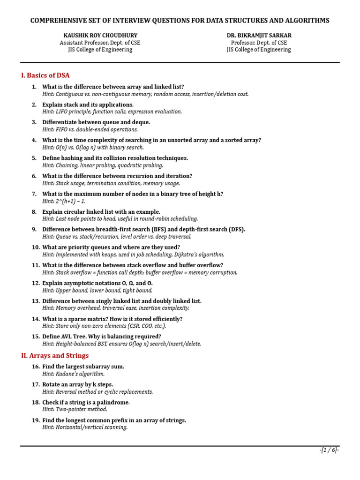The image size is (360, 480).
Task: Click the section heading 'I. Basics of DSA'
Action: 45,75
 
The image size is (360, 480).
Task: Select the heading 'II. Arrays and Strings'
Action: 55,355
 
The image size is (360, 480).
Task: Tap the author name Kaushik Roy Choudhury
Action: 100,35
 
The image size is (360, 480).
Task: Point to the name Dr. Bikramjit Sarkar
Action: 258,35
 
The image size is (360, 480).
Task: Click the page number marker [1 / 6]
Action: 329,450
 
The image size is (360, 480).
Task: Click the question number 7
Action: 34,194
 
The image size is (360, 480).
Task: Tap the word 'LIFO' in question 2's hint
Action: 62,112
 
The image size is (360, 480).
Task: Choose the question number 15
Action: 36,337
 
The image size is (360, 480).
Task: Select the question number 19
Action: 36,420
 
